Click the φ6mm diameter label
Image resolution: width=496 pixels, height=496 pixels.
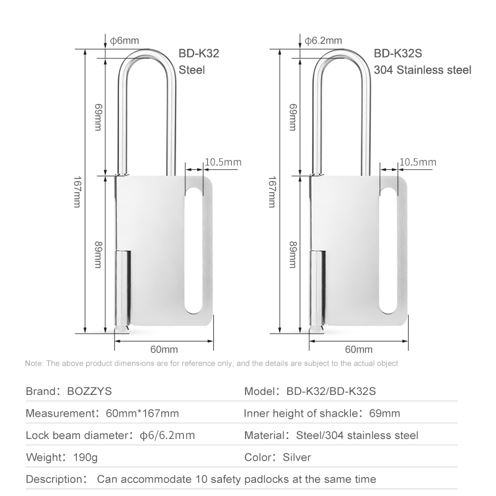[125, 40]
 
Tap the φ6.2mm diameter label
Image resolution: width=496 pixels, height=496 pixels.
[323, 40]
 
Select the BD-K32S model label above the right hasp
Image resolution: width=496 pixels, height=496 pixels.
[397, 53]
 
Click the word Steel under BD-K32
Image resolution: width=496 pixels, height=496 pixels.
[192, 70]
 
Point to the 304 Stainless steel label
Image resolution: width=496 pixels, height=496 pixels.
[423, 70]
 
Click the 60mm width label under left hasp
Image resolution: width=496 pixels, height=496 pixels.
[164, 349]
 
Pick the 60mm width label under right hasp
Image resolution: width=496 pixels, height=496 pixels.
[359, 349]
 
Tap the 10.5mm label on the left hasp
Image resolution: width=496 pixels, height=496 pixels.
[223, 162]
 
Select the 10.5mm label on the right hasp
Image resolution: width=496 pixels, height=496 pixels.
[417, 162]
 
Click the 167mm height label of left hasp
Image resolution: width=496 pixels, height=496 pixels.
[77, 192]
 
